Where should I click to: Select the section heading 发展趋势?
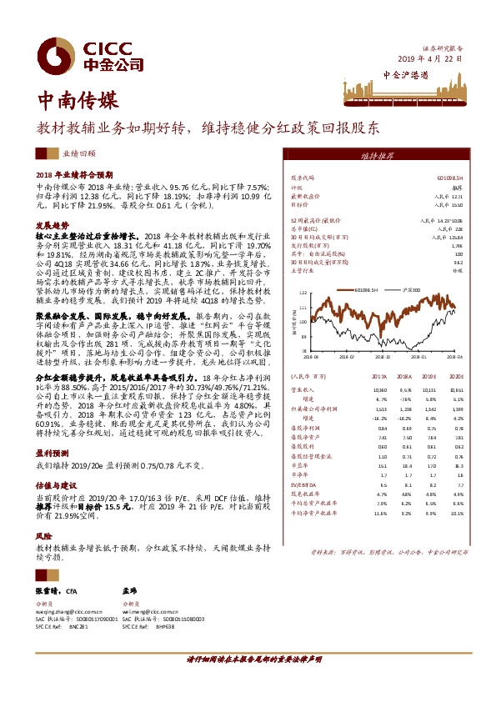(52, 226)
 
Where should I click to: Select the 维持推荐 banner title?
(377, 156)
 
